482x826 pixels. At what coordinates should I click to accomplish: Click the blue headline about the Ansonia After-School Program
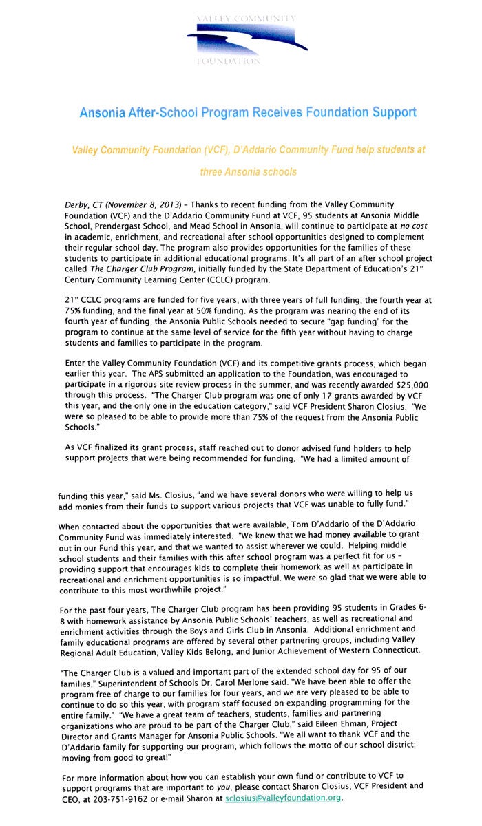coord(248,112)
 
